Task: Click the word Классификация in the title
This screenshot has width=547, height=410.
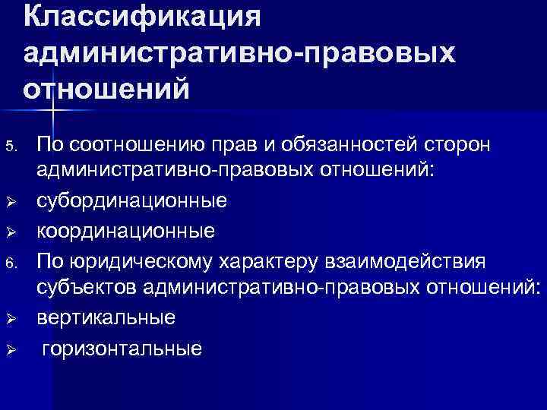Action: pyautogui.click(x=142, y=17)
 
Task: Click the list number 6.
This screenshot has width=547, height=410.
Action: pyautogui.click(x=9, y=263)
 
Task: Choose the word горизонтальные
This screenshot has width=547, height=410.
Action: pyautogui.click(x=122, y=348)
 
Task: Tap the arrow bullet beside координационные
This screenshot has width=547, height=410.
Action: pyautogui.click(x=10, y=232)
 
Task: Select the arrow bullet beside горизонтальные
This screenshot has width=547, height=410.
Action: pyautogui.click(x=10, y=348)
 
